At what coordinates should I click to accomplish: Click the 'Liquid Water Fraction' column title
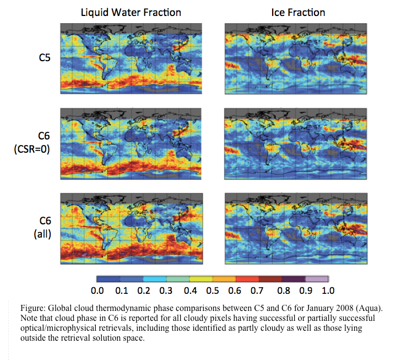click(x=131, y=12)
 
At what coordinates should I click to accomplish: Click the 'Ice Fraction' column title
click(x=298, y=12)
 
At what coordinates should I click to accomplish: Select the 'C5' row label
click(x=45, y=58)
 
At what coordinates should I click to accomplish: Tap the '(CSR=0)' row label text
click(x=32, y=149)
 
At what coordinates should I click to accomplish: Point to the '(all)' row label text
click(x=42, y=234)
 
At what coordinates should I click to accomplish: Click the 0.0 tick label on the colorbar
click(x=97, y=291)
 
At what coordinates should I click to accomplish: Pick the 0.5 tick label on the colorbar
click(x=213, y=291)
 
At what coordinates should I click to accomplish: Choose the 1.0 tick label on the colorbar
click(x=328, y=291)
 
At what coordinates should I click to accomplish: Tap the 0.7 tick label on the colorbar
click(x=257, y=291)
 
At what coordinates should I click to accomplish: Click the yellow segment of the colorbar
click(x=201, y=279)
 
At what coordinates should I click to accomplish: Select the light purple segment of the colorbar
click(x=317, y=279)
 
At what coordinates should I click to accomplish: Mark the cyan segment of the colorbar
click(x=155, y=279)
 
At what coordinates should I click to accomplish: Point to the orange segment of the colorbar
click(x=224, y=279)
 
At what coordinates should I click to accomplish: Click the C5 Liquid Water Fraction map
click(x=131, y=58)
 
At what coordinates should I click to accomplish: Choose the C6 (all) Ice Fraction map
click(x=296, y=229)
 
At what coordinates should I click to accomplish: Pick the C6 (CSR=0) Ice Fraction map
click(x=295, y=144)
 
